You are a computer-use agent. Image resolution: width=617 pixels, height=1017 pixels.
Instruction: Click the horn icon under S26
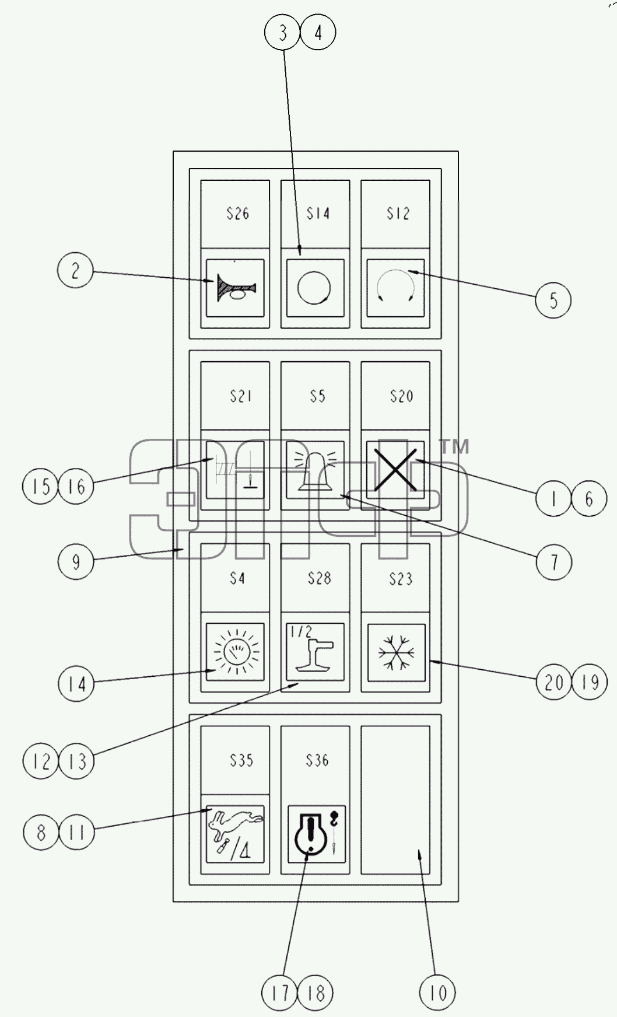pyautogui.click(x=236, y=288)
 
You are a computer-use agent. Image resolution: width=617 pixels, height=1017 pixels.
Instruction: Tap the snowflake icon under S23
pyautogui.click(x=396, y=652)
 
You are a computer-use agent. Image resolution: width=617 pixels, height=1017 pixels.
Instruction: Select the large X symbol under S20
pyautogui.click(x=395, y=470)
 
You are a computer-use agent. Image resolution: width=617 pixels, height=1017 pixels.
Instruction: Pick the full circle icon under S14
pyautogui.click(x=314, y=288)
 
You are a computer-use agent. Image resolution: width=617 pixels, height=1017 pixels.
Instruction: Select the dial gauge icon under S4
pyautogui.click(x=236, y=652)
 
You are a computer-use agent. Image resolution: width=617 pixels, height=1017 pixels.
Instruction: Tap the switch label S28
pyautogui.click(x=319, y=578)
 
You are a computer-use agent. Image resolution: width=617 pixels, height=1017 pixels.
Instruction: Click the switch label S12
pyautogui.click(x=398, y=214)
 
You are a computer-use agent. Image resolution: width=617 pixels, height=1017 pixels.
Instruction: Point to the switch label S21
pyautogui.click(x=240, y=396)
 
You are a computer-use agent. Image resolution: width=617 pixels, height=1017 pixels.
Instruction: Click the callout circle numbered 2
pyautogui.click(x=75, y=271)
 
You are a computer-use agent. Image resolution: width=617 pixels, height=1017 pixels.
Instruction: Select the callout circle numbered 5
pyautogui.click(x=553, y=300)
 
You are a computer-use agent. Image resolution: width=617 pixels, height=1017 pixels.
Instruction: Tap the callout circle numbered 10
pyautogui.click(x=437, y=992)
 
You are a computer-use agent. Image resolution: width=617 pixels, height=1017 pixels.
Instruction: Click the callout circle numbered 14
pyautogui.click(x=76, y=683)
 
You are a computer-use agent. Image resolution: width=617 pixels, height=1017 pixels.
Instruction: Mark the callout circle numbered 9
pyautogui.click(x=76, y=561)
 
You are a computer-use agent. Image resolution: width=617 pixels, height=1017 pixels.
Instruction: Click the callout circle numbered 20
pyautogui.click(x=554, y=682)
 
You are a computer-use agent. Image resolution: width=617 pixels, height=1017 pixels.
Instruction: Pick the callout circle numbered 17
pyautogui.click(x=281, y=992)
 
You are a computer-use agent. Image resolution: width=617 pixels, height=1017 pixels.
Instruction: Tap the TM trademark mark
pyautogui.click(x=454, y=447)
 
